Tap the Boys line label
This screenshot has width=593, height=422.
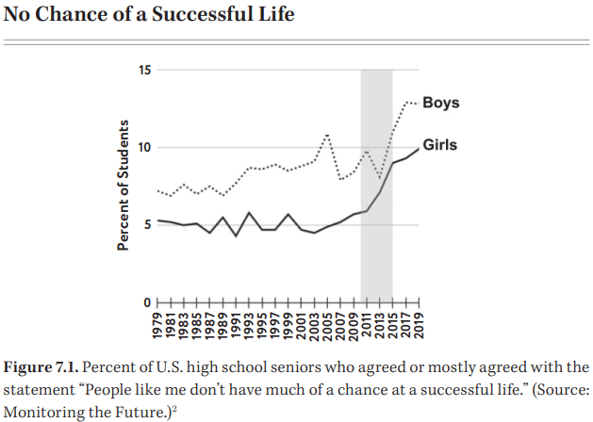point(441,102)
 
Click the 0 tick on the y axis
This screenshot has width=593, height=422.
point(146,301)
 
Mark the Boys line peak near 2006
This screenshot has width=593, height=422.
point(327,135)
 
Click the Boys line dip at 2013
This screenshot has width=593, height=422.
point(379,177)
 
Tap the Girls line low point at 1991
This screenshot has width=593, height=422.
point(236,235)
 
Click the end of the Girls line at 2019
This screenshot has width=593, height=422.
point(419,149)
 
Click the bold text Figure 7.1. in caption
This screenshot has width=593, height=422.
point(41,365)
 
